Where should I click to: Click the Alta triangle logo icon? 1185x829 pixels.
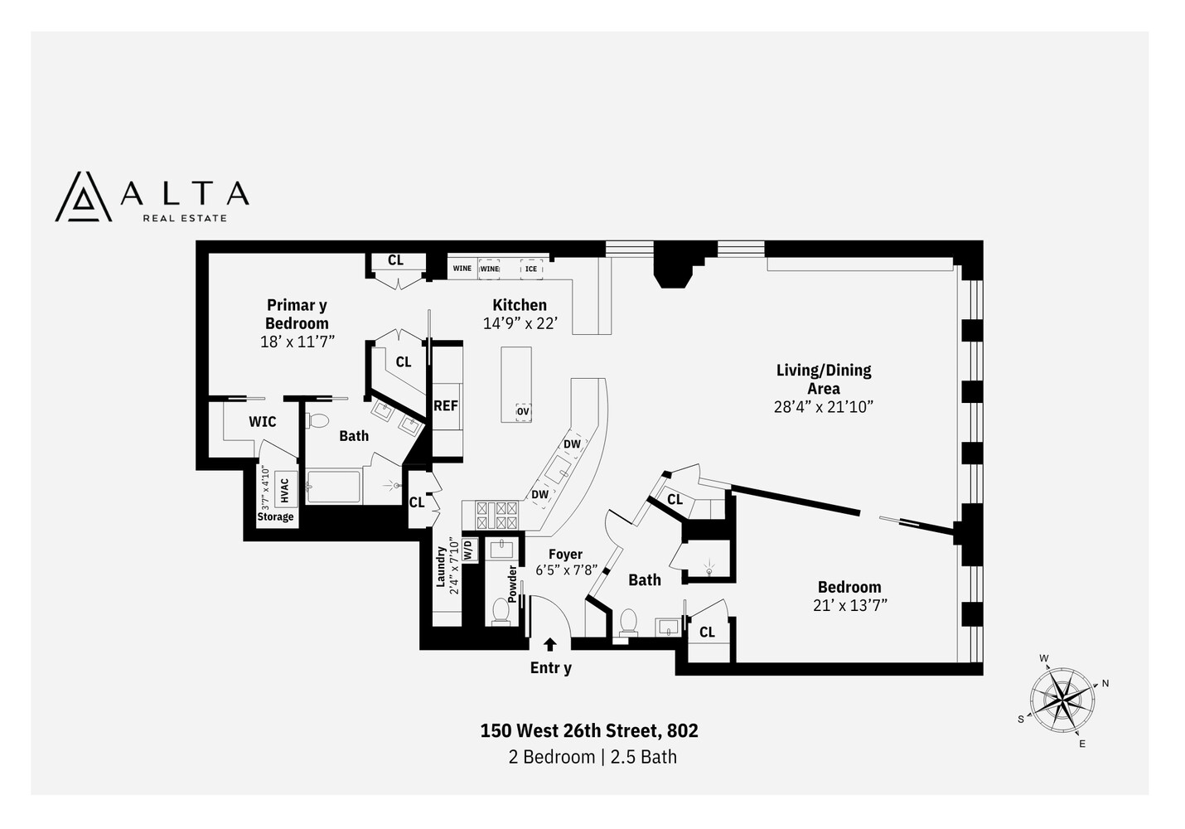(83, 196)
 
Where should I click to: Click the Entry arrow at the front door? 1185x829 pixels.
(549, 645)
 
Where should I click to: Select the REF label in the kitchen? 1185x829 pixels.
(446, 405)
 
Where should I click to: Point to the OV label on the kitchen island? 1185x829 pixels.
(523, 411)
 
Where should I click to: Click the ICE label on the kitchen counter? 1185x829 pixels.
(531, 269)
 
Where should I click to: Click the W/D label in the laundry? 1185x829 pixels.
(468, 549)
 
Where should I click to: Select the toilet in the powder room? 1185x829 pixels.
(501, 611)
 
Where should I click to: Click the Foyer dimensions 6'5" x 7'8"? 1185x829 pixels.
(567, 570)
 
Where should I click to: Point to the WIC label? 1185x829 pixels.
(263, 422)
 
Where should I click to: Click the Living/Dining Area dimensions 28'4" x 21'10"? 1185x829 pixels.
(823, 406)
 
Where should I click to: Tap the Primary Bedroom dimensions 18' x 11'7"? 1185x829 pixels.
(297, 341)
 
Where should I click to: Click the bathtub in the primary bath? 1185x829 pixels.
(333, 487)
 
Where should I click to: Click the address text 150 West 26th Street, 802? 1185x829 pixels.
(589, 730)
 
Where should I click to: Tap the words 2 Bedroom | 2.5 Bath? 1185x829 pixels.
(592, 757)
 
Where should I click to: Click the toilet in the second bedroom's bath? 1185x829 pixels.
(627, 622)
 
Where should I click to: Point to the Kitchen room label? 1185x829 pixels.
(520, 305)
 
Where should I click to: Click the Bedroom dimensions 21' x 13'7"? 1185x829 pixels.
(850, 605)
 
